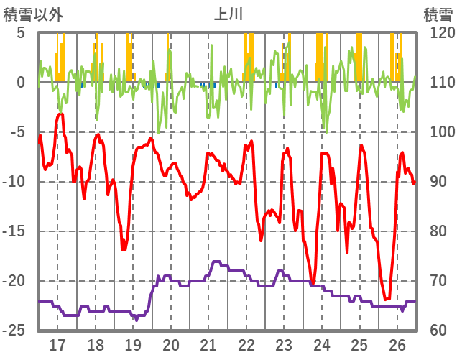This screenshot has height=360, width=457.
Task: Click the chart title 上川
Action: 228,14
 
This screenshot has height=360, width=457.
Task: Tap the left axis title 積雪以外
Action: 33,14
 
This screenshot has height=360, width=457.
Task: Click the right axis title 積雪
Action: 438,14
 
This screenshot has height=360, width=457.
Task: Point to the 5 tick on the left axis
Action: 20,33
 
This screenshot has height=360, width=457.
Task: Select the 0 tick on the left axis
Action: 20,83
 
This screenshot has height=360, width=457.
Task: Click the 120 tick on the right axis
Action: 438,33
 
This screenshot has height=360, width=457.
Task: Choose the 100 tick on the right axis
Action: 438,132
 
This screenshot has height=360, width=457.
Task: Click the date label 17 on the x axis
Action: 57,344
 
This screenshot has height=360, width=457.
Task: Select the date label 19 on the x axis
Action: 133,344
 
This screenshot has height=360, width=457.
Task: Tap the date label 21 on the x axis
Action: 208,344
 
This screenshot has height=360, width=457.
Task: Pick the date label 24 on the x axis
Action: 322,344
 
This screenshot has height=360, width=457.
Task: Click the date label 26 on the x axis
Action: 397,344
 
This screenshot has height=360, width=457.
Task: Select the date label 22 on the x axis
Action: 246,344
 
